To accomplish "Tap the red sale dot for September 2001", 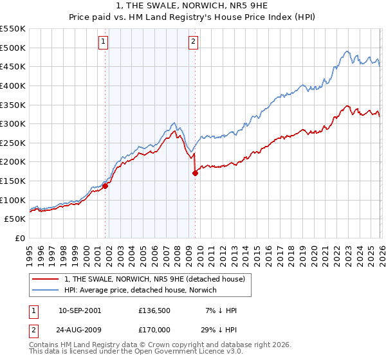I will (x=105, y=186).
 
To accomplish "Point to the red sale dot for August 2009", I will (x=195, y=174).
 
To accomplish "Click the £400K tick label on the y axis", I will (x=14, y=85).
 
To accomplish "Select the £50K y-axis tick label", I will (x=15, y=219).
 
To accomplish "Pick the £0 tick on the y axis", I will (x=20, y=239).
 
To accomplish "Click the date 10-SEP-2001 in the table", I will (x=79, y=310).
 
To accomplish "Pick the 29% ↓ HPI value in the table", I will (x=218, y=328).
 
